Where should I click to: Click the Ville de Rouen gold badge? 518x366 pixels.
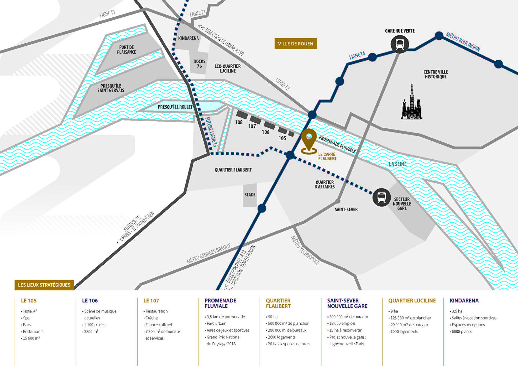point(296,44)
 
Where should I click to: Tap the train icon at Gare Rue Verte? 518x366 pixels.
point(400,44)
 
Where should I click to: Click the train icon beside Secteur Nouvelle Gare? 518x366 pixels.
point(382,197)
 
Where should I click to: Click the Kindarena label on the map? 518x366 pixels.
point(188,38)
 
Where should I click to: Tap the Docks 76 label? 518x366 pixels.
point(199,64)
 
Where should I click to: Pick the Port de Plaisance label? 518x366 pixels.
point(126,50)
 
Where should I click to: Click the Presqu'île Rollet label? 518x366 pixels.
point(175,107)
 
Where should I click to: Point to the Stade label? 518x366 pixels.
point(250,195)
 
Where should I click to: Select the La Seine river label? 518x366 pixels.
point(398,164)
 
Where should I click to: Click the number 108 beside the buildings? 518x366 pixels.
point(239,122)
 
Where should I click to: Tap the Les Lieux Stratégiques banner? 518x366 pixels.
point(44,285)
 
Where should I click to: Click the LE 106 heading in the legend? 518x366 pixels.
point(90,301)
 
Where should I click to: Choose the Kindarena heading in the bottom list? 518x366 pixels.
point(464,301)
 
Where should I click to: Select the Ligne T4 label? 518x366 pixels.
point(357,56)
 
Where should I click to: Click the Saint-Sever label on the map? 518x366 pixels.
point(346,209)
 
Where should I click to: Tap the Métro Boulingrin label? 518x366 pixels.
point(463,42)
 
